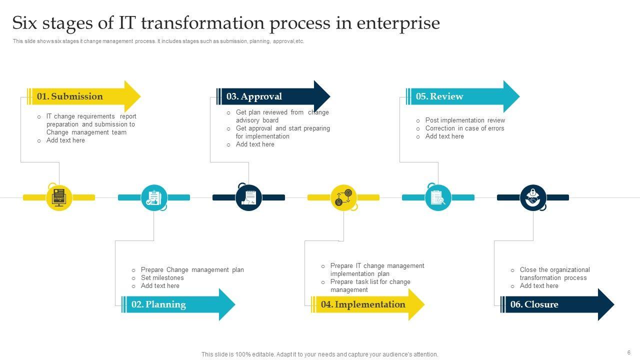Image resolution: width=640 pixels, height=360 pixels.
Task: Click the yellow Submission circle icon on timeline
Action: coord(59,197)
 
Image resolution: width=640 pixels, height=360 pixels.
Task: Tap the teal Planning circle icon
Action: coord(154,197)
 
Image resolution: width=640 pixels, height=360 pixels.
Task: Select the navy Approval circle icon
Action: coord(248,197)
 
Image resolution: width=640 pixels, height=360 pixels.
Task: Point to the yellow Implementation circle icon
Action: coord(343,197)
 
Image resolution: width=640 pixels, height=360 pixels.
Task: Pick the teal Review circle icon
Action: coord(438,197)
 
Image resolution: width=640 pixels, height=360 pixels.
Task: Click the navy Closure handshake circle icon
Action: coord(533,197)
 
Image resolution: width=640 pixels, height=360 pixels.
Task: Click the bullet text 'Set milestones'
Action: coord(162,278)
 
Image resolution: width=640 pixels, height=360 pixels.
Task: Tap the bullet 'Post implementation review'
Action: coord(465,120)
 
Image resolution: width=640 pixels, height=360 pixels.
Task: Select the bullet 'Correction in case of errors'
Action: coord(464,128)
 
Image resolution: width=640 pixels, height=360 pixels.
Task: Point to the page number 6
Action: coord(628,352)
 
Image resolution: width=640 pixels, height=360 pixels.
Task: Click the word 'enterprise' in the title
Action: coord(398,23)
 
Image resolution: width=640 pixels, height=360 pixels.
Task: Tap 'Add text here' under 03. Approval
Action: coord(255,144)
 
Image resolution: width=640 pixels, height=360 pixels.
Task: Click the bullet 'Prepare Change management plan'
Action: coord(192,270)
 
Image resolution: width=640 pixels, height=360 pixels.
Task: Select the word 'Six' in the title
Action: coord(26,23)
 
